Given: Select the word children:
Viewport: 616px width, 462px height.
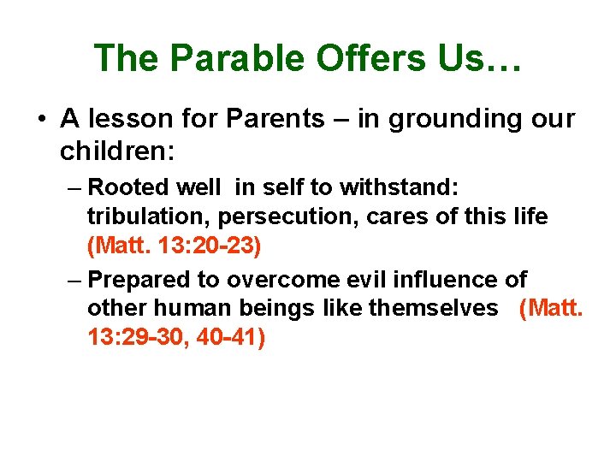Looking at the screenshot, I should (x=117, y=152).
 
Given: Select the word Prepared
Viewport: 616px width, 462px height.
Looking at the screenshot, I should (x=137, y=279).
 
